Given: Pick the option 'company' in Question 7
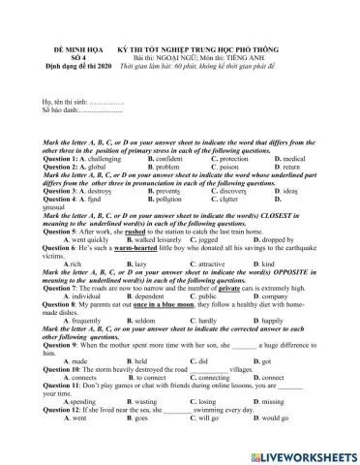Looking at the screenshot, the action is (297, 295).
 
